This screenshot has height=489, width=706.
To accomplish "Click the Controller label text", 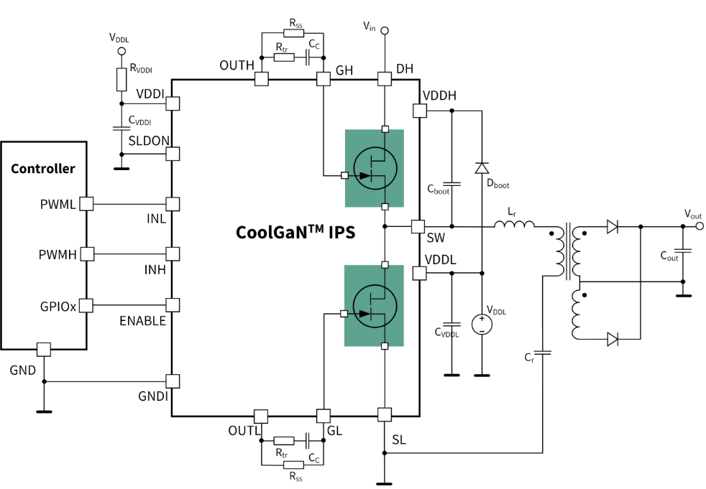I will tap(43, 169).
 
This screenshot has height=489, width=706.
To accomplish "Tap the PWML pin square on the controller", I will tap(86, 204).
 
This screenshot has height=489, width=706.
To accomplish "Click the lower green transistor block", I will tap(374, 305).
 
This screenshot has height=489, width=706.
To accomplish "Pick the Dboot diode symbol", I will tap(482, 168).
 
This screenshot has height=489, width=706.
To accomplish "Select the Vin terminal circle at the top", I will tap(385, 30).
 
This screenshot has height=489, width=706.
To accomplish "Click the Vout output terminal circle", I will tap(698, 225).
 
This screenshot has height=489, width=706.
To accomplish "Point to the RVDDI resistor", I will tap(122, 79).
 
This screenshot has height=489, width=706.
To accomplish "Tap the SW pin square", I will tap(418, 226).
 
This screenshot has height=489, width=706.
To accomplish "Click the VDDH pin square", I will tap(419, 111).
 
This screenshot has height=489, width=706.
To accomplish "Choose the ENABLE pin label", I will tap(142, 321).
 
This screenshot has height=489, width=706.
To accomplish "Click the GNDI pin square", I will tap(173, 381).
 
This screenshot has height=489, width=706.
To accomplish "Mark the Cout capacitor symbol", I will tap(684, 251).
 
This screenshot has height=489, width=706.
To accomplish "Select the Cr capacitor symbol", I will tap(543, 352).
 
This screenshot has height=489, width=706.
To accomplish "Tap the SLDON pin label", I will tap(148, 142).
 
